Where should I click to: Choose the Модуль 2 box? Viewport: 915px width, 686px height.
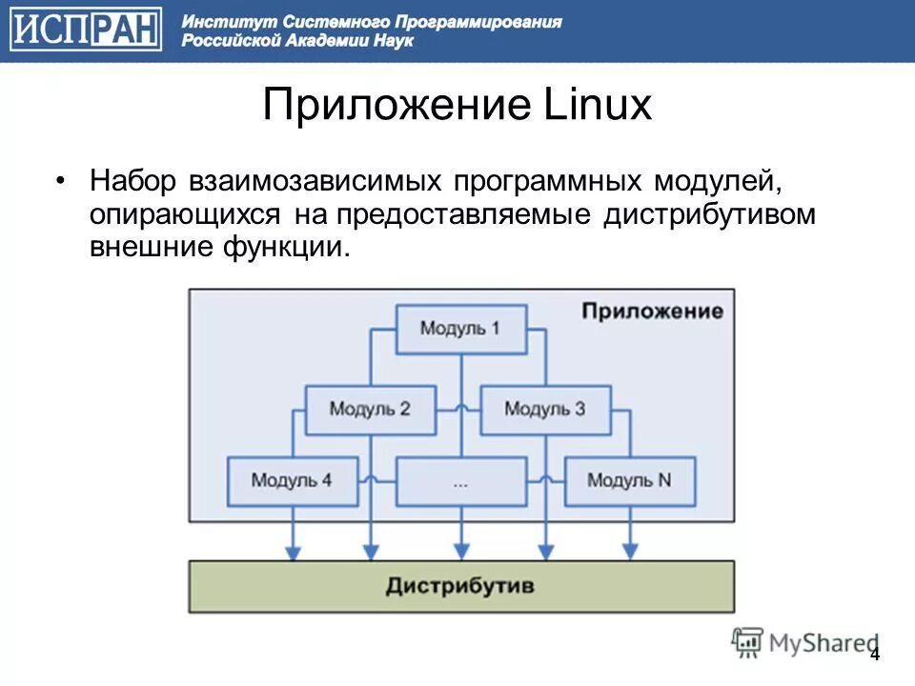tap(370, 410)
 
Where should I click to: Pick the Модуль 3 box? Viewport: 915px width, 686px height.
tap(544, 410)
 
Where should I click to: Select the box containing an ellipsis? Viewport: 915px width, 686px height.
tap(460, 481)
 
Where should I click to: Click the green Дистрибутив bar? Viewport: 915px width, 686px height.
tap(460, 585)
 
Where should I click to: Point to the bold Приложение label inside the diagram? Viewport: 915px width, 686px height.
tap(652, 312)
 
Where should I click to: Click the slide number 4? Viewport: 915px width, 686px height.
tap(874, 655)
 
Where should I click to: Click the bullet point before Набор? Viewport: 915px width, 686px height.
tap(61, 181)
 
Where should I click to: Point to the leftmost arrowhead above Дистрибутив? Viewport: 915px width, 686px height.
tap(294, 551)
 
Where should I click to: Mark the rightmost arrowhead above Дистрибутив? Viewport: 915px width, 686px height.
tap(629, 551)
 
